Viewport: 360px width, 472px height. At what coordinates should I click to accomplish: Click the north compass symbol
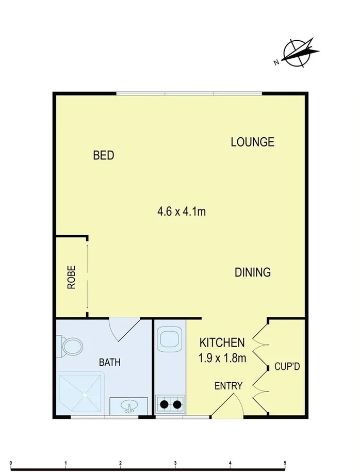(299, 53)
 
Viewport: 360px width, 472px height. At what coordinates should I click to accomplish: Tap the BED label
(103, 155)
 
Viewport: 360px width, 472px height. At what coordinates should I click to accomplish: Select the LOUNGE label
(252, 142)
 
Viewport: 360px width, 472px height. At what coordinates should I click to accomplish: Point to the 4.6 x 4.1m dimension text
(182, 211)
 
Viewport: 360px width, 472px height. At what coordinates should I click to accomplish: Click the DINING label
(253, 272)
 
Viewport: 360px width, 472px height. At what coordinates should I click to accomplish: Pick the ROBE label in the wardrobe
(71, 277)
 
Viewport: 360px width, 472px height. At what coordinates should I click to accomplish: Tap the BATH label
(109, 362)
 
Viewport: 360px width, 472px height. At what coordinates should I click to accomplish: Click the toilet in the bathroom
(71, 346)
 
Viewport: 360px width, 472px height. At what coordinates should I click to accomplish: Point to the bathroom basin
(129, 407)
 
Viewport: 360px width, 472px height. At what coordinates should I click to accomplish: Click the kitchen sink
(169, 339)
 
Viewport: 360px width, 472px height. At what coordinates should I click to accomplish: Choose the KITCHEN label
(222, 343)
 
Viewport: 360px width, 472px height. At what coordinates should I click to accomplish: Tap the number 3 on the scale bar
(175, 462)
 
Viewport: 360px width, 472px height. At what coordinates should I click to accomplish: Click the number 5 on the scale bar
(285, 462)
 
